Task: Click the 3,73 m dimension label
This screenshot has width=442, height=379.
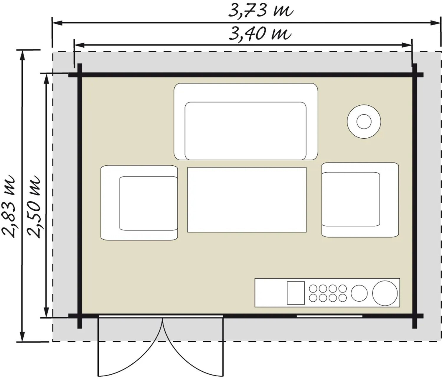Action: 261,11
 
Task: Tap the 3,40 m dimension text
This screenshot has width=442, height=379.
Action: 260,34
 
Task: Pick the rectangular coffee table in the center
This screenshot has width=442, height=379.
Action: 247,200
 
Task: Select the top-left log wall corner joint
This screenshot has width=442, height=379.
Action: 80,75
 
